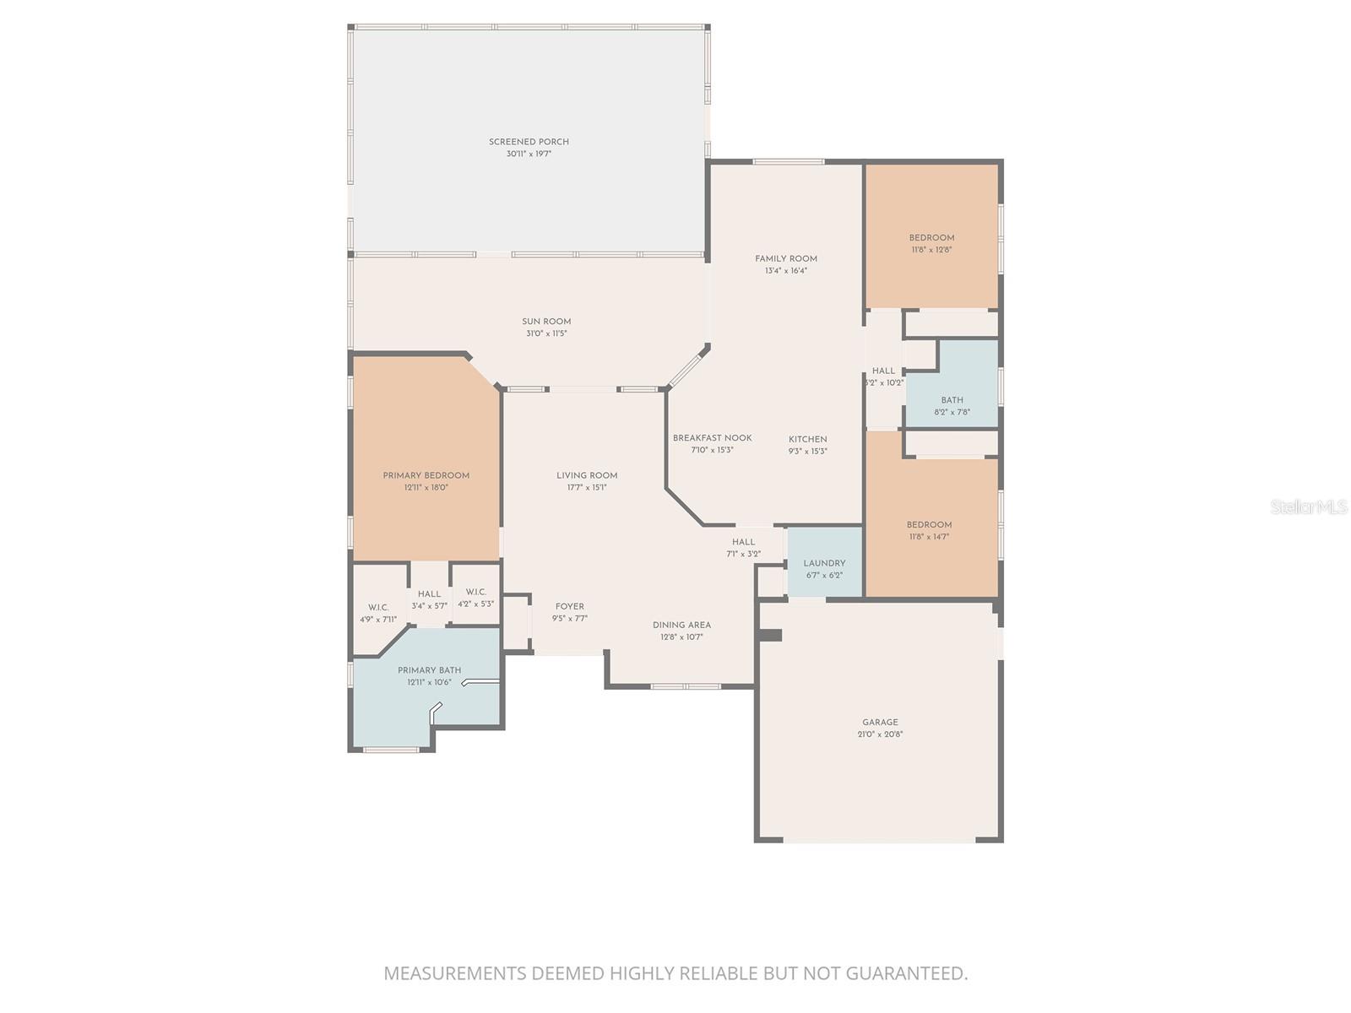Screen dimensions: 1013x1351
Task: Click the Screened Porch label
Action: pyautogui.click(x=529, y=142)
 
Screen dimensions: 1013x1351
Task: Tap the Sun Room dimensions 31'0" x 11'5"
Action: pyautogui.click(x=546, y=333)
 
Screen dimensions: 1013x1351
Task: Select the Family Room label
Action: pyautogui.click(x=786, y=258)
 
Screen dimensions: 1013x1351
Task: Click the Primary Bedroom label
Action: pyautogui.click(x=426, y=475)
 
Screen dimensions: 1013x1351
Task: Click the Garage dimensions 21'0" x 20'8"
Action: pyautogui.click(x=880, y=734)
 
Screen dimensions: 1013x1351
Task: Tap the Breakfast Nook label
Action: pyautogui.click(x=712, y=438)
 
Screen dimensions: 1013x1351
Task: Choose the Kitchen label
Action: pyautogui.click(x=808, y=439)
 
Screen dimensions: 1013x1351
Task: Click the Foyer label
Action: pyautogui.click(x=570, y=606)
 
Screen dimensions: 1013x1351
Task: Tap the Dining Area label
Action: pyautogui.click(x=681, y=625)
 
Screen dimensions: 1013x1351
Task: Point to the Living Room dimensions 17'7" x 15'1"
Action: pyautogui.click(x=587, y=487)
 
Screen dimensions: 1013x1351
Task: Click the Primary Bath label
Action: pyautogui.click(x=429, y=670)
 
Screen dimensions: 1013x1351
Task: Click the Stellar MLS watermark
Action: pyautogui.click(x=1309, y=507)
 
